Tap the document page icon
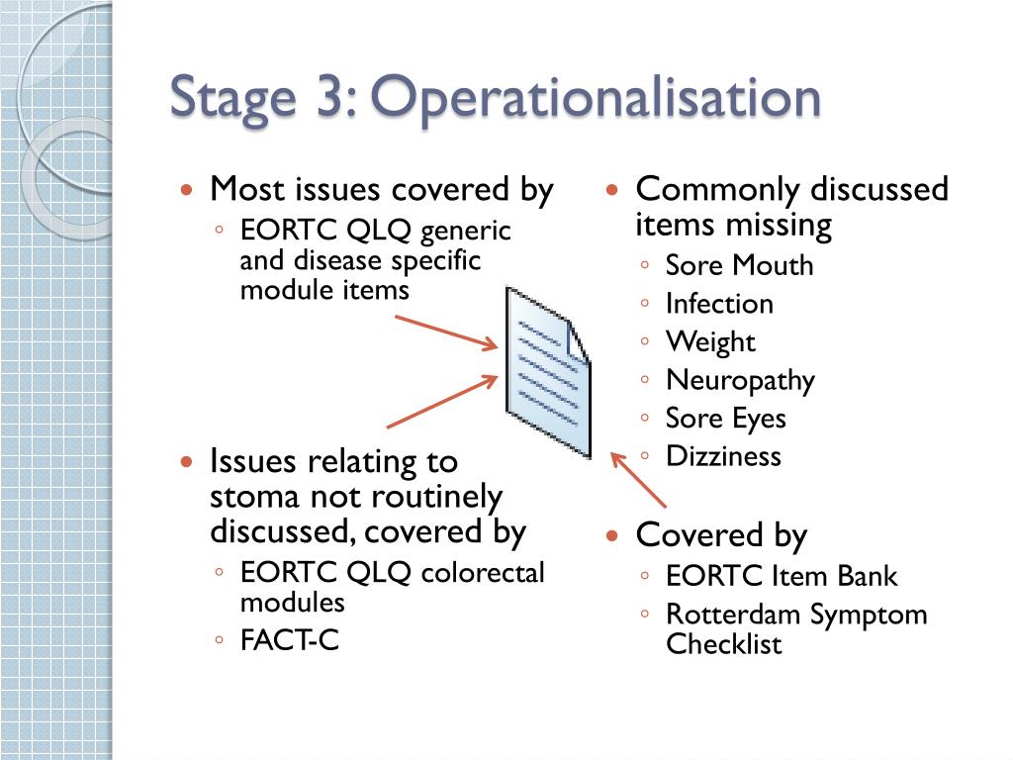point(547,371)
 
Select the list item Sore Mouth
point(739,265)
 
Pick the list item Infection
point(719,304)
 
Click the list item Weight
point(710,342)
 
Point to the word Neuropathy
point(740,381)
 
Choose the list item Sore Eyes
point(725,419)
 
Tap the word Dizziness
point(723,456)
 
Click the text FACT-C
point(290,640)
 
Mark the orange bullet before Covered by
point(612,535)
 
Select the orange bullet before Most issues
point(187,189)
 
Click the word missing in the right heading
point(776,225)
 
